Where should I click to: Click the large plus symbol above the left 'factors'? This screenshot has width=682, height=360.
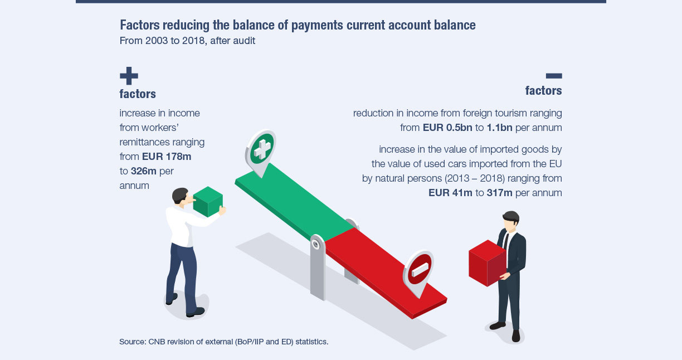(129, 76)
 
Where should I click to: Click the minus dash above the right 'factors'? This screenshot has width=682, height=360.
(554, 76)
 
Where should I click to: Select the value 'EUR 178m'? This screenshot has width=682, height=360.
(167, 157)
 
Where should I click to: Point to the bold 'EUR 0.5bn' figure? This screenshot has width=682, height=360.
(447, 128)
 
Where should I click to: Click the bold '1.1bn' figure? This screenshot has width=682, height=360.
(499, 128)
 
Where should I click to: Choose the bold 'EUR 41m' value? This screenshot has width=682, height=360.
(450, 193)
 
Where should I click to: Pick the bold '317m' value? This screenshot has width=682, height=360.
(499, 193)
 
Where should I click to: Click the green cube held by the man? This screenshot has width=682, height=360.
(208, 202)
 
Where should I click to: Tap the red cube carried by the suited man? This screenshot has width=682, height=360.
(487, 263)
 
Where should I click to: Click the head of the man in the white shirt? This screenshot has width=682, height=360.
(181, 197)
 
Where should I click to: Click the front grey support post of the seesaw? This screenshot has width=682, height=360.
(318, 267)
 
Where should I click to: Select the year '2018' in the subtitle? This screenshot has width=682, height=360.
(193, 41)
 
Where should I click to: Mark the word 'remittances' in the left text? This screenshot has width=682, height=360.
(145, 142)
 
